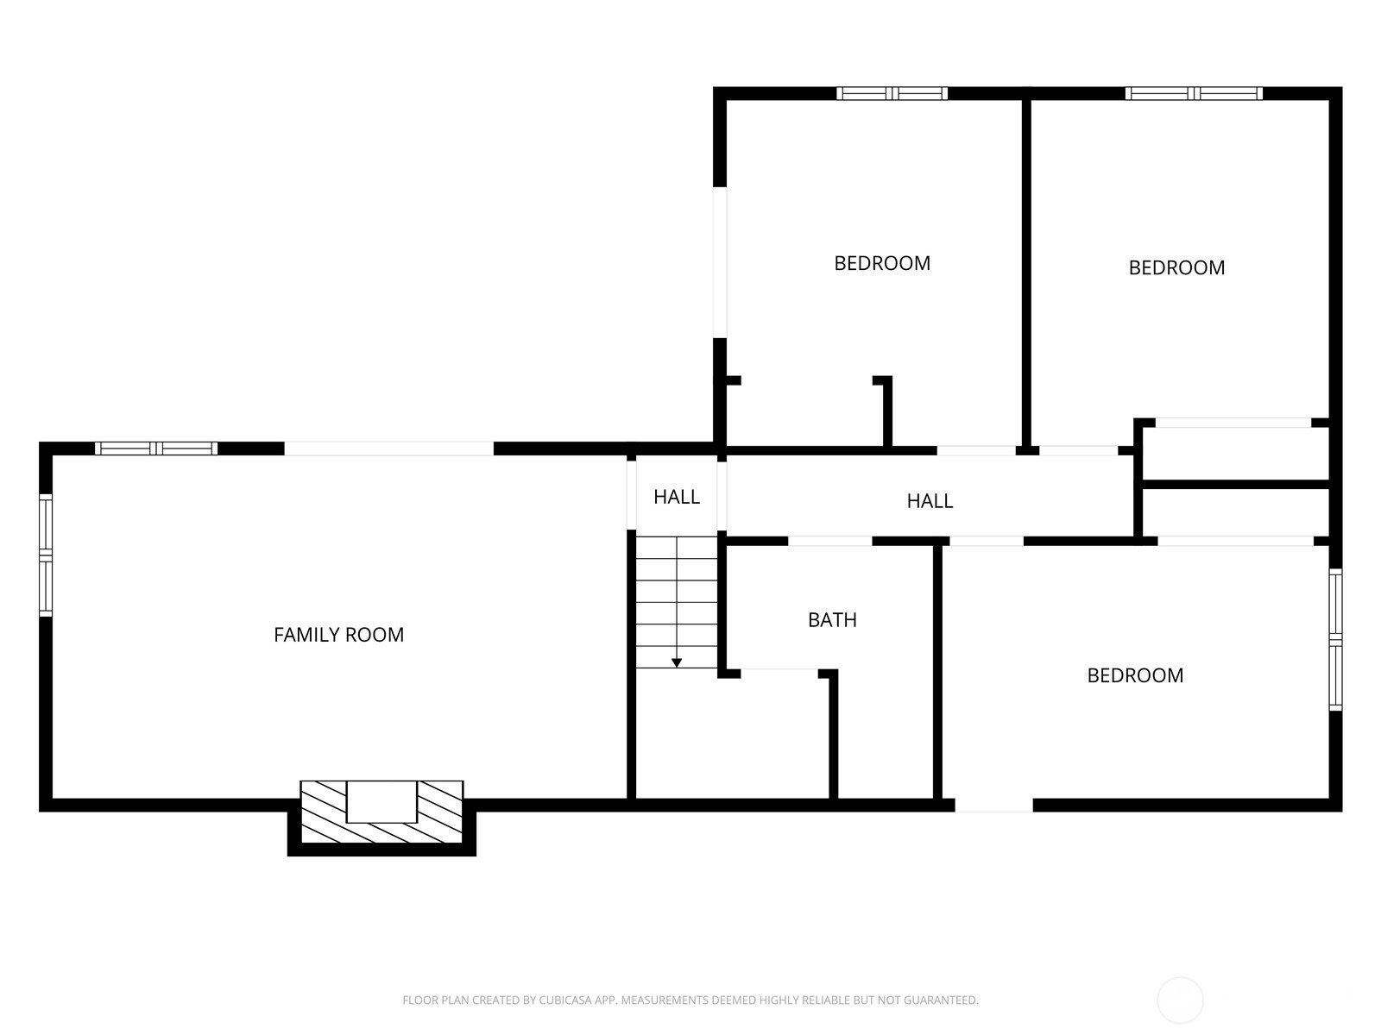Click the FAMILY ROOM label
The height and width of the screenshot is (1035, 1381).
pyautogui.click(x=338, y=635)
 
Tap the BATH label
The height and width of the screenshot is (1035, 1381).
pyautogui.click(x=832, y=620)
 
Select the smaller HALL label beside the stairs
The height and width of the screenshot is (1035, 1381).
pyautogui.click(x=677, y=497)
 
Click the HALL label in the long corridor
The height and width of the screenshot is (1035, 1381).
pyautogui.click(x=930, y=501)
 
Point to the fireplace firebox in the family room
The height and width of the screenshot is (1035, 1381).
pyautogui.click(x=382, y=801)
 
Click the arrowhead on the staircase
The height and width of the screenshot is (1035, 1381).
pyautogui.click(x=677, y=663)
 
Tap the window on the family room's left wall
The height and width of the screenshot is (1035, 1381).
pyautogui.click(x=45, y=555)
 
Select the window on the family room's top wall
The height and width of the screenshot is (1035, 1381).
pyautogui.click(x=156, y=448)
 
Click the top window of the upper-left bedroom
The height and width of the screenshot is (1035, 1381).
pyautogui.click(x=892, y=94)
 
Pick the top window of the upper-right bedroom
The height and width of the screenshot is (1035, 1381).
pyautogui.click(x=1194, y=94)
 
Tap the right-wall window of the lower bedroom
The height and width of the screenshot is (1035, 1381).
pyautogui.click(x=1335, y=640)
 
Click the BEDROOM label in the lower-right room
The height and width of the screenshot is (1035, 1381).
pyautogui.click(x=1135, y=675)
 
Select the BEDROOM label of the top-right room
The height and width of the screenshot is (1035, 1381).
pyautogui.click(x=1176, y=267)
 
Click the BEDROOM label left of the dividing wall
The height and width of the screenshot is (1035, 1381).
pyautogui.click(x=882, y=263)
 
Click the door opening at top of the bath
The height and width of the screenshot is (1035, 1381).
pyautogui.click(x=829, y=541)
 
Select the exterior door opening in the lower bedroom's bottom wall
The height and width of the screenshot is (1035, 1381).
pyautogui.click(x=993, y=805)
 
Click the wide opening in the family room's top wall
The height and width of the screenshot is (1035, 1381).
pyautogui.click(x=388, y=448)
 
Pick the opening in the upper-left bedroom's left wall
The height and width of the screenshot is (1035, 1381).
pyautogui.click(x=720, y=262)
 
